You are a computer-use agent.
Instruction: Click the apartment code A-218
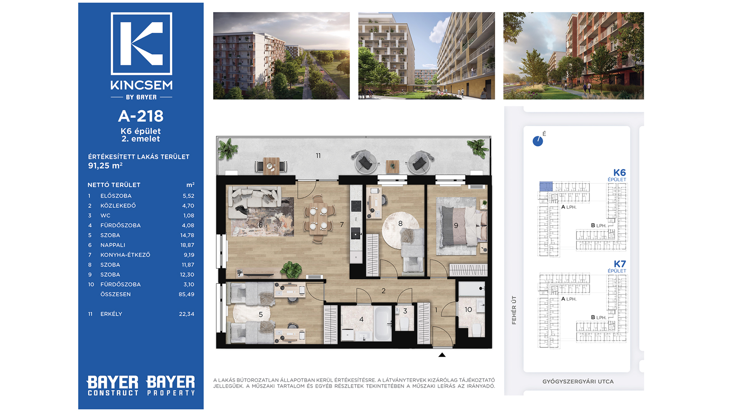[x=141, y=116]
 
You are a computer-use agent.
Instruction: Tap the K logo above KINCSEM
[x=141, y=43]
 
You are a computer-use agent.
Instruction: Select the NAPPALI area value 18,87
[x=187, y=245]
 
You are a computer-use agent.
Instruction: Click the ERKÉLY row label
[x=111, y=314]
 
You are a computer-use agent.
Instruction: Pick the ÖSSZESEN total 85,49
[x=186, y=294]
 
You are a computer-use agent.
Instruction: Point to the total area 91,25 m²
[x=105, y=166]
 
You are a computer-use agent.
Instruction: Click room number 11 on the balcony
[x=318, y=156]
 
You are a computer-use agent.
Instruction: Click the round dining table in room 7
[x=318, y=219]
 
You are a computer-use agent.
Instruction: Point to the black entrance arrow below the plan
[x=442, y=355]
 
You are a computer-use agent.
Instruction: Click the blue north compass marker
[x=538, y=141]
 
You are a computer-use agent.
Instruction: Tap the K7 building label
[x=620, y=264]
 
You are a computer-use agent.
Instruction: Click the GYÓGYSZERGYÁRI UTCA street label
[x=578, y=381]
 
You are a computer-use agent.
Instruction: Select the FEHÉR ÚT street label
[x=514, y=310]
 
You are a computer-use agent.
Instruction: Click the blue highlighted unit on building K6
[x=546, y=187]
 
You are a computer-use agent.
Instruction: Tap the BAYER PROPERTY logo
[x=170, y=386]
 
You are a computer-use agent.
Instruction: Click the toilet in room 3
[x=405, y=323]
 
